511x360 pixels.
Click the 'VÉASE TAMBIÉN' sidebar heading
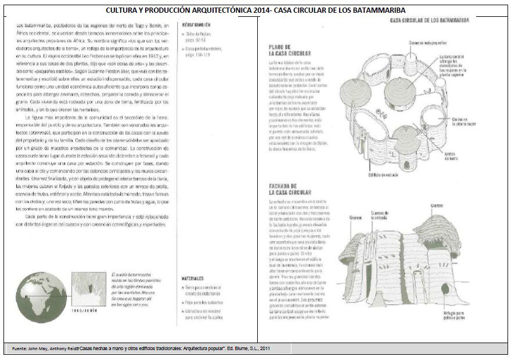point(196,26)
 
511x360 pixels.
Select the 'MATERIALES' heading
point(193,278)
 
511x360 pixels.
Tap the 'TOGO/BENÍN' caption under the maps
point(85,311)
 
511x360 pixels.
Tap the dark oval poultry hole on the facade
point(444,289)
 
